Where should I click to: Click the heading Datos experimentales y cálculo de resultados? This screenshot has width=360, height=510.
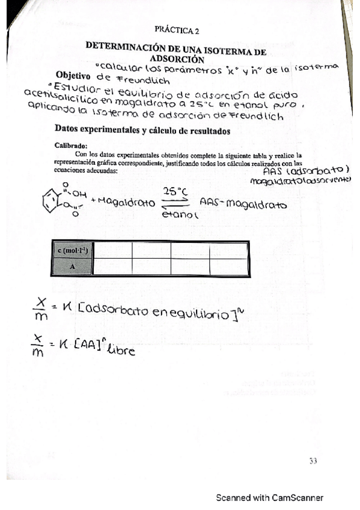click(142, 128)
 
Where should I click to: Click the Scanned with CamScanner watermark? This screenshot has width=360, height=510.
click(270, 497)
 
